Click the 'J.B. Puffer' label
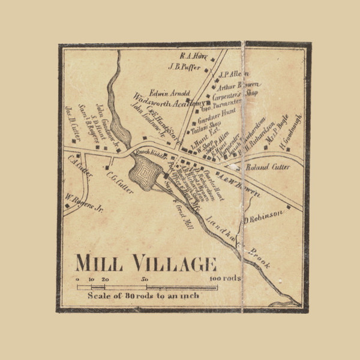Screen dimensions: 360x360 pos(184,67)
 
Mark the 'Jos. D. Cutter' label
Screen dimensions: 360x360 pos(76,119)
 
